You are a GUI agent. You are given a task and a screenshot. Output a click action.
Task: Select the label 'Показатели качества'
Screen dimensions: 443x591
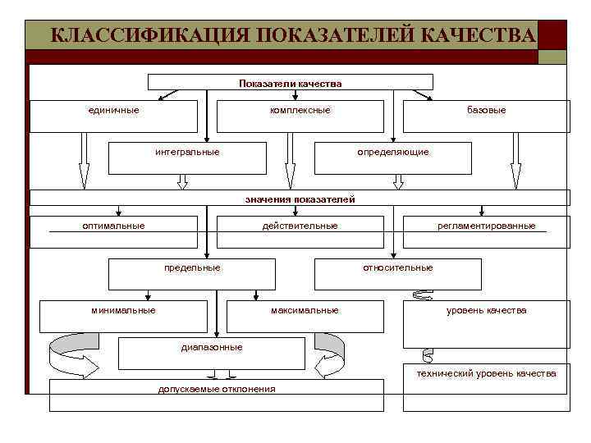coord(290,83)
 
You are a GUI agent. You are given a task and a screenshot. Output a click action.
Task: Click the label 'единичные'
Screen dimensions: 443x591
coord(113,110)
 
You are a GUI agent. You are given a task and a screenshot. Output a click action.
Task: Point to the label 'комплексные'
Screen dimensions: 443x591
coord(300,110)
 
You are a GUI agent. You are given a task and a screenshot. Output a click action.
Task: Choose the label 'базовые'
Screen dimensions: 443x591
coord(487,110)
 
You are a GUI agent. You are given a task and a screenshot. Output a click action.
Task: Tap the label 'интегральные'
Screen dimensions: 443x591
coord(187,152)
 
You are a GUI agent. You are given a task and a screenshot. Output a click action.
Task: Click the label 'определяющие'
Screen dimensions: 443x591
coord(393,152)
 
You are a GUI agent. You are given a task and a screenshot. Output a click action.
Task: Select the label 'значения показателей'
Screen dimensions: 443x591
coord(300,199)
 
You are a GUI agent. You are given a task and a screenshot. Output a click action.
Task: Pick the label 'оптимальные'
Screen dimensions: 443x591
coord(113,226)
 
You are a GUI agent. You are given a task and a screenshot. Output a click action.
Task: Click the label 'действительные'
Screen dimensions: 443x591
coord(300,226)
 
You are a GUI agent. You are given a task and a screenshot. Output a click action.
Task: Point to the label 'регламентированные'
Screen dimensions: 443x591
coord(487,226)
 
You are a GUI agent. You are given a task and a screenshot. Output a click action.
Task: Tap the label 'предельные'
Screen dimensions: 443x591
coord(192,267)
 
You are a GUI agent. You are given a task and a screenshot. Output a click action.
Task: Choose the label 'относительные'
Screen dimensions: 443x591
coord(398,267)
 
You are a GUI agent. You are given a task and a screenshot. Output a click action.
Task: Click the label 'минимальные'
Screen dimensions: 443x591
coord(123,310)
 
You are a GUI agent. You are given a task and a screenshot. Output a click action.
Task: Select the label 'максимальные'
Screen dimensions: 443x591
coord(305,310)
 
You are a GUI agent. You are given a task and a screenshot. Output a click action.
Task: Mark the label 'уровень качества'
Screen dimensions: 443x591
coord(487,310)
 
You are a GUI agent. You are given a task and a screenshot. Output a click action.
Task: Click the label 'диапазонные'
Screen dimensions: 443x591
coord(212,347)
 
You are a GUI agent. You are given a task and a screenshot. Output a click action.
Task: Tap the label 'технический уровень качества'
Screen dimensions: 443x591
coord(487,373)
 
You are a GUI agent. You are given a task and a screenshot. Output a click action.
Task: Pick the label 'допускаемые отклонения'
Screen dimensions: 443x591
coord(217,389)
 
